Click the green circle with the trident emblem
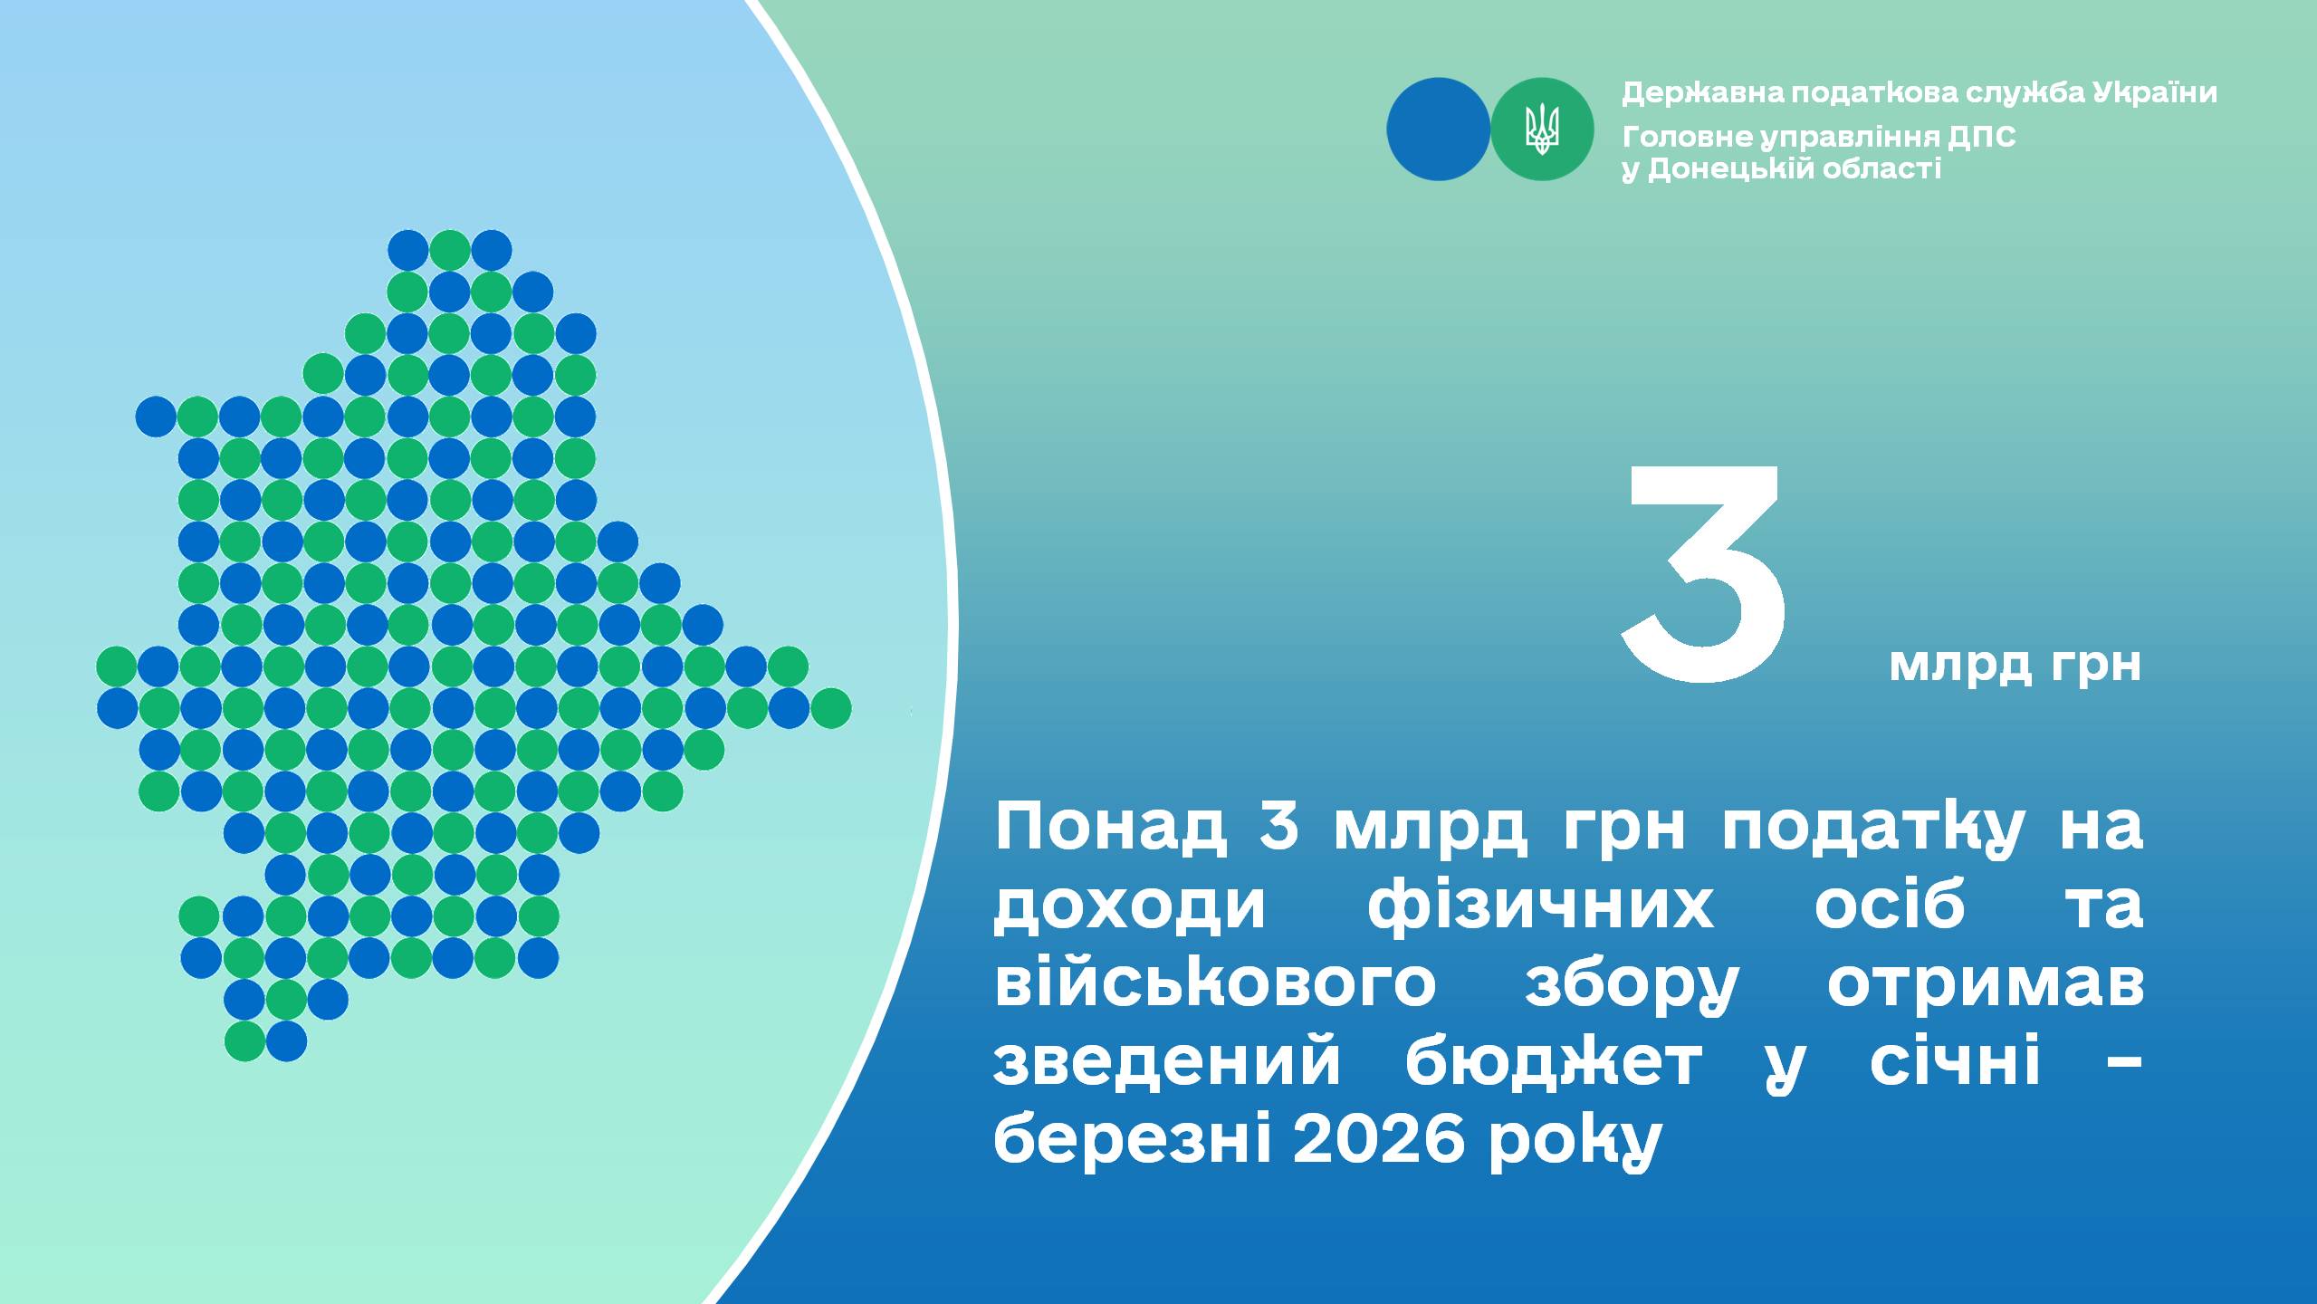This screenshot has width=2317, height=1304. [x=1542, y=129]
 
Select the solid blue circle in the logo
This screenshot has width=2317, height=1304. [x=1439, y=129]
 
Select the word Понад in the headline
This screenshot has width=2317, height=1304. [x=1110, y=827]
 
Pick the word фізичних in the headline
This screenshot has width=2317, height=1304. [x=1541, y=909]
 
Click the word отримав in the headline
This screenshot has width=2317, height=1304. [x=1986, y=986]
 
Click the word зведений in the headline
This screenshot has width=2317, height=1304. [x=1167, y=1062]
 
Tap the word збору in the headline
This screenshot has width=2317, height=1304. [x=1632, y=986]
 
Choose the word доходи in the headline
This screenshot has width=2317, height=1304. [x=1129, y=910]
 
